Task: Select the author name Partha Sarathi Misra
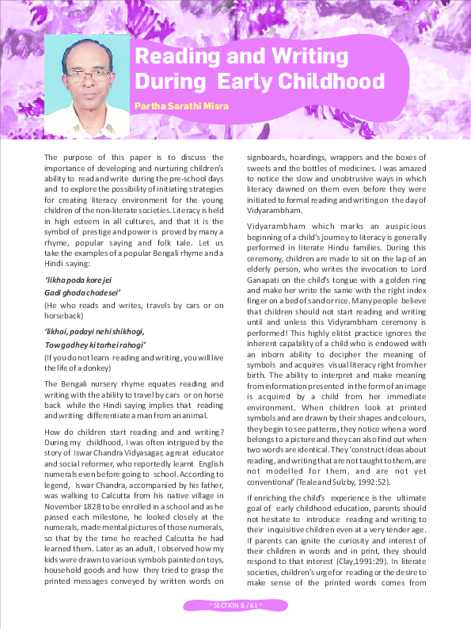pos(180,105)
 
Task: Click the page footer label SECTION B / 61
pos(235,605)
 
